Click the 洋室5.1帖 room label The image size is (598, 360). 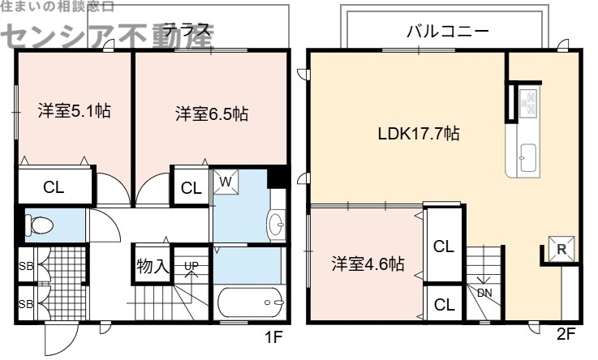[x=73, y=112]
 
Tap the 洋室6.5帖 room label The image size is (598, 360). [x=211, y=114]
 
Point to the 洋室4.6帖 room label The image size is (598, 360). [x=368, y=264]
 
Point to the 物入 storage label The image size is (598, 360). [x=151, y=265]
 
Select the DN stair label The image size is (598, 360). [x=484, y=293]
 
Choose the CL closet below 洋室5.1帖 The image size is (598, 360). [x=54, y=188]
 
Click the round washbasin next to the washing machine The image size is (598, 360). [x=276, y=221]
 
